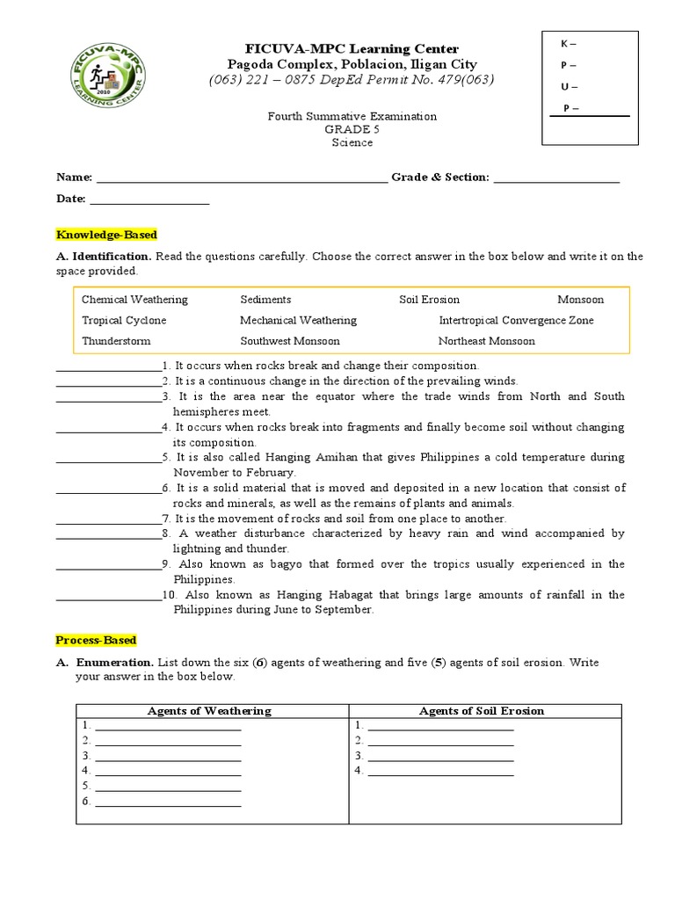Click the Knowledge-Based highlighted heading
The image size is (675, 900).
(x=106, y=235)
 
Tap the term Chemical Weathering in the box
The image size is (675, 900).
(x=134, y=300)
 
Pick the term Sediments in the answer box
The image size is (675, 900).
(x=265, y=300)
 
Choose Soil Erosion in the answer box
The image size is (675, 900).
(x=429, y=300)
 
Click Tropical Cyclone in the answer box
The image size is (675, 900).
(x=124, y=321)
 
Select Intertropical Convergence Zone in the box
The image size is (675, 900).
(x=516, y=321)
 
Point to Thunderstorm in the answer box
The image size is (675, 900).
(x=116, y=341)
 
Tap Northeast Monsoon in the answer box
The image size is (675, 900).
(x=486, y=341)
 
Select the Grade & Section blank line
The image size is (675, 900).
(x=556, y=179)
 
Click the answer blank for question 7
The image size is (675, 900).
(x=108, y=521)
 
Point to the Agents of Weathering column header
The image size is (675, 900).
(x=209, y=710)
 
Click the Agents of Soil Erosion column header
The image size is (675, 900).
(x=482, y=710)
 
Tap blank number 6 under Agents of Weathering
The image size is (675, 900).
(x=168, y=803)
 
